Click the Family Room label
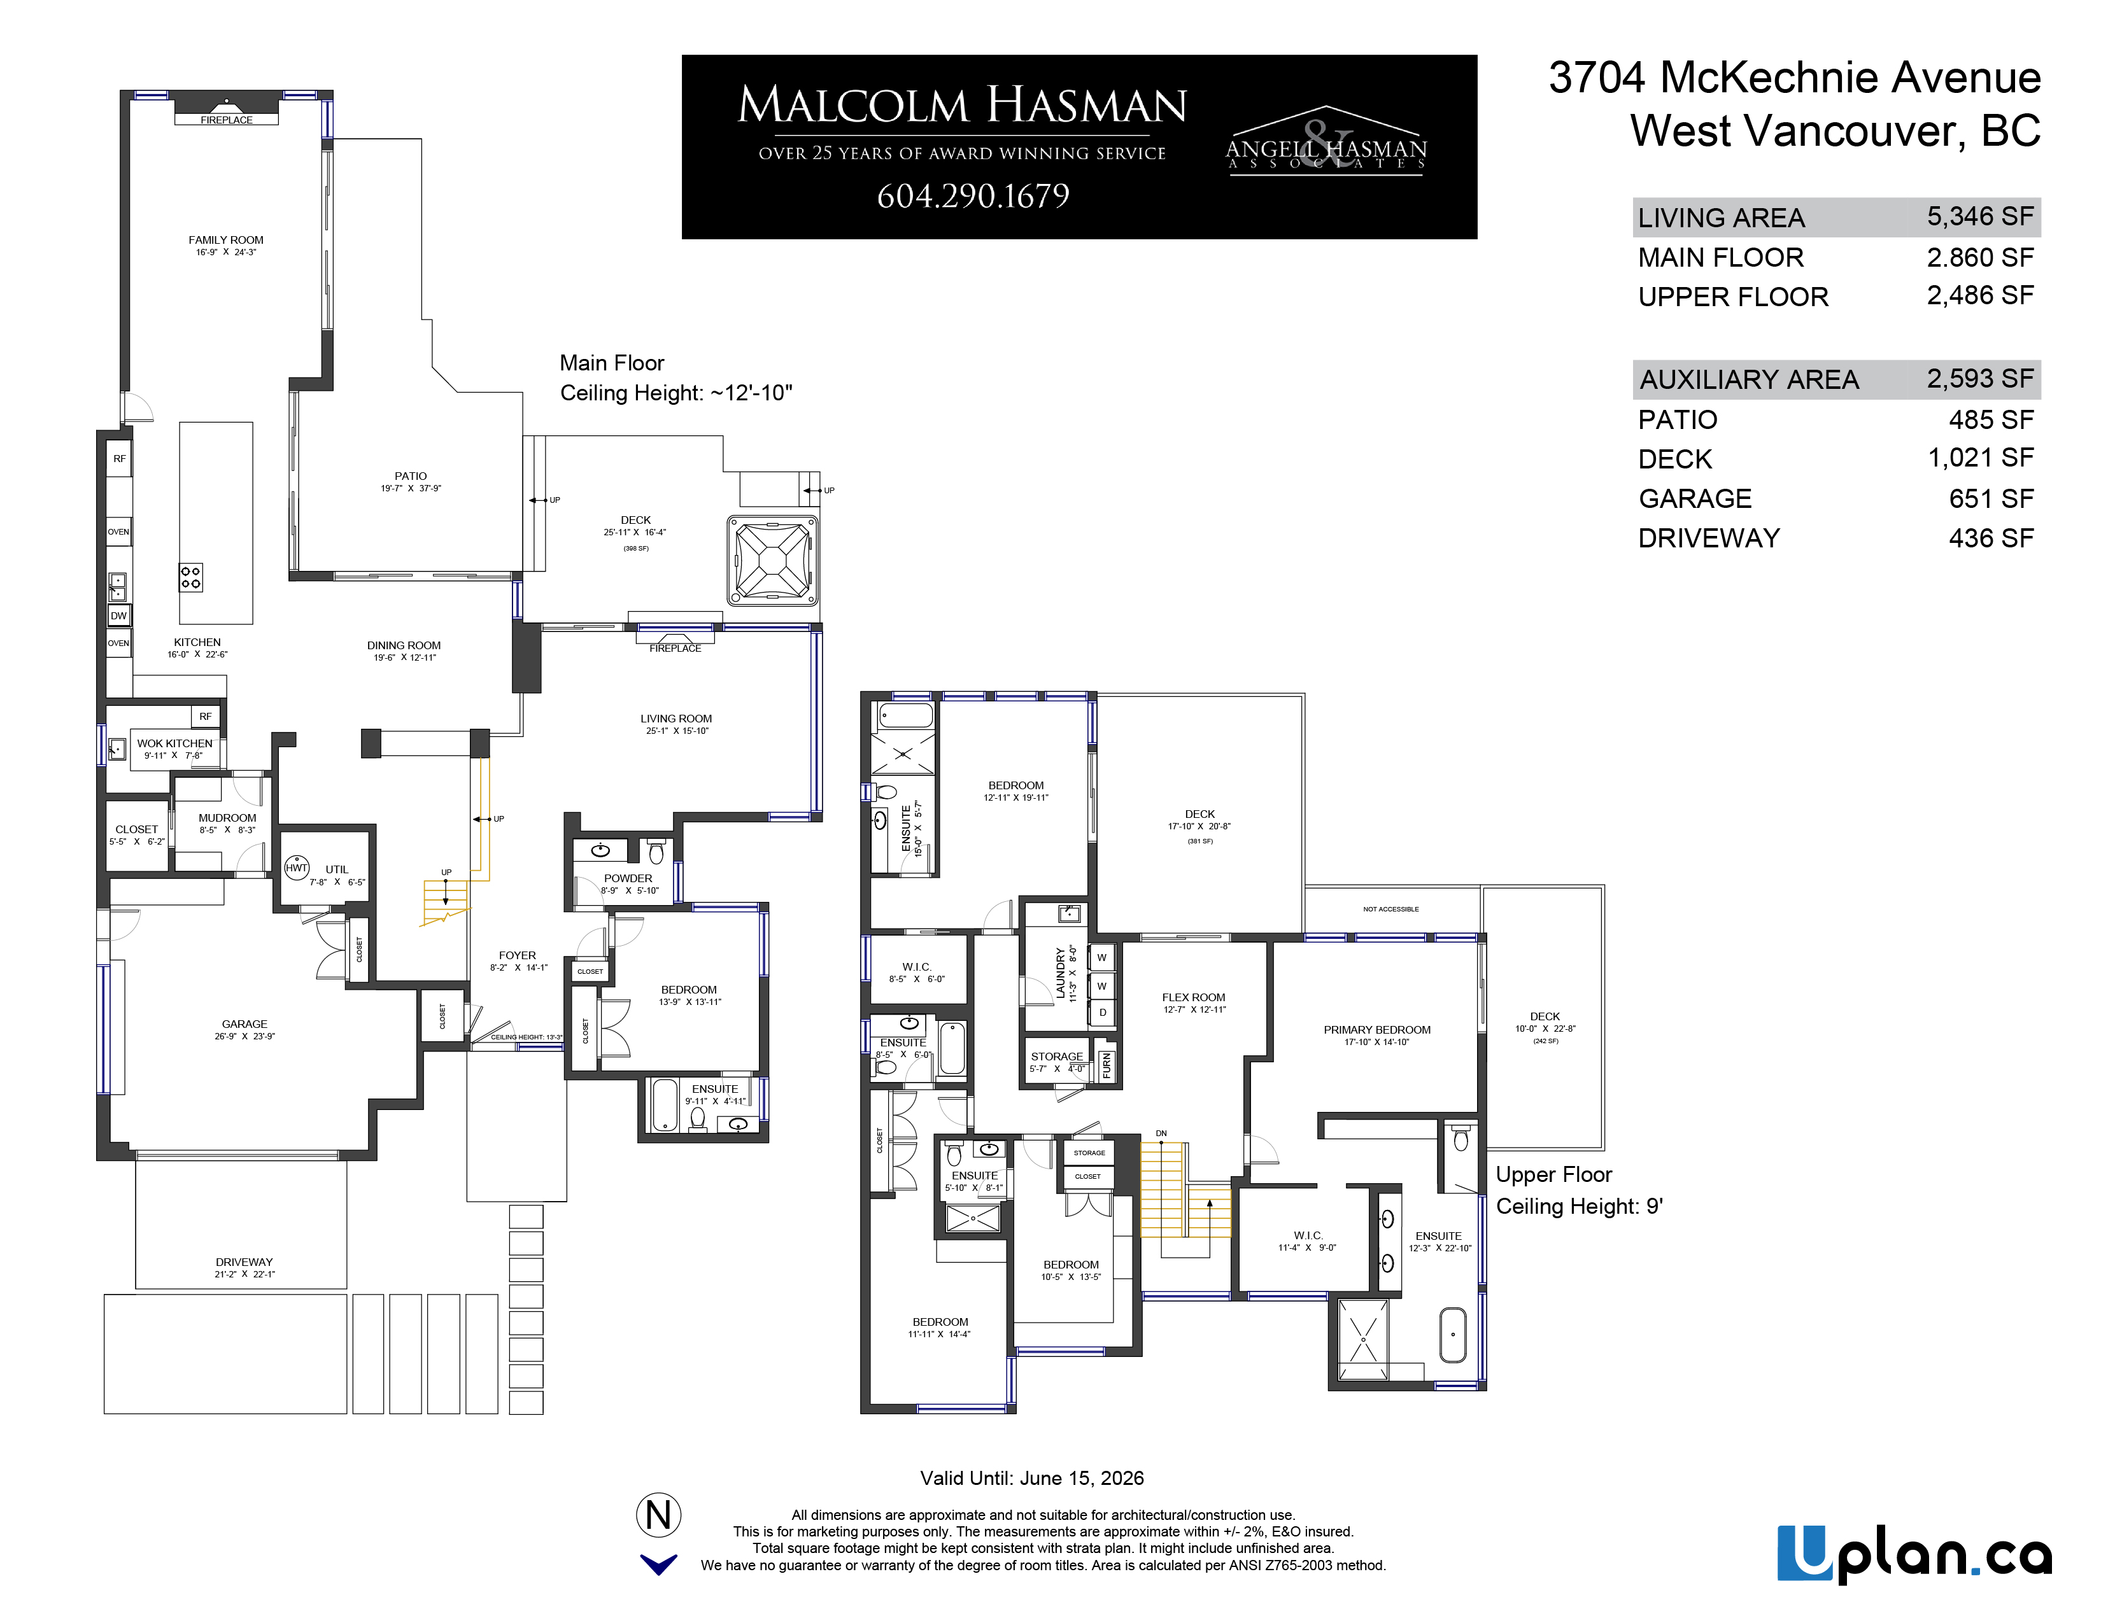[x=226, y=241]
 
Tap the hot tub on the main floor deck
[x=772, y=561]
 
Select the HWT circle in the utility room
[x=296, y=868]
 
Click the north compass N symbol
[x=659, y=1515]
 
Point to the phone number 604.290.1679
[x=973, y=196]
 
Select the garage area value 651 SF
[x=1991, y=498]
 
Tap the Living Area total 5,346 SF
[x=1980, y=217]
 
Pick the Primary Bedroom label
[x=1376, y=1030]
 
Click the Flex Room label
[x=1194, y=997]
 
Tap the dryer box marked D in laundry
[x=1103, y=1013]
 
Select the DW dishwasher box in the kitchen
[x=118, y=616]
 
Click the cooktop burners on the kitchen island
[x=190, y=577]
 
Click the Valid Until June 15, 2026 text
[x=1031, y=1478]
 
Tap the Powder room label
[x=628, y=878]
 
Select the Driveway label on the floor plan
[x=244, y=1261]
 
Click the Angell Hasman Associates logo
[x=1326, y=143]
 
